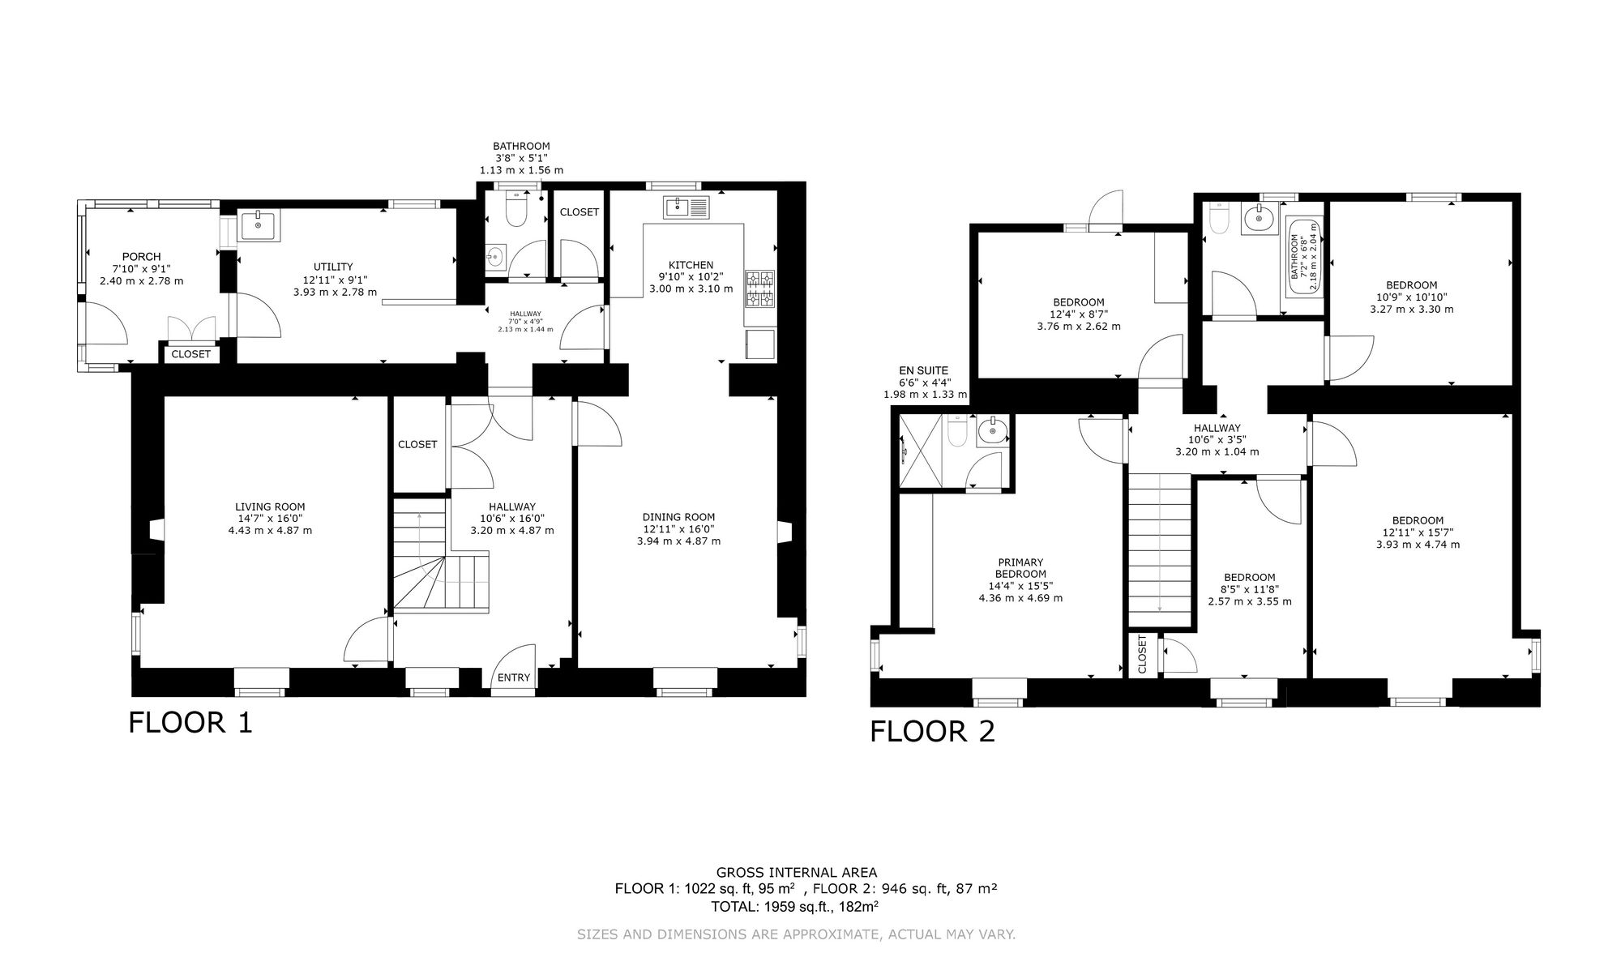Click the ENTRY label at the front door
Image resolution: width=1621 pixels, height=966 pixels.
514,677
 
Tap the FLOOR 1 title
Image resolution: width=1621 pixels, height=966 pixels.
190,722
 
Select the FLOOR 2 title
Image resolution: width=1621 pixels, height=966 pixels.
932,731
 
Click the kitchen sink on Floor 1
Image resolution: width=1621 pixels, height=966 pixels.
686,207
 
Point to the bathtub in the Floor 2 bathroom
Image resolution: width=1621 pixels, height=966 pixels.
1304,256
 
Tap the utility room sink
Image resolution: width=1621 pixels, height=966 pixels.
259,225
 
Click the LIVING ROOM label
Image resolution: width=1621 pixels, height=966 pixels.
270,507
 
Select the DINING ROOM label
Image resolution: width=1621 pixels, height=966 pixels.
678,517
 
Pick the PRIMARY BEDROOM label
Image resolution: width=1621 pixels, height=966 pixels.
1020,568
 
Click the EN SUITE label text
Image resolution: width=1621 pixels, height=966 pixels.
924,371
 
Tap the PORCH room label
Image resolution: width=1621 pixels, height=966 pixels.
141,257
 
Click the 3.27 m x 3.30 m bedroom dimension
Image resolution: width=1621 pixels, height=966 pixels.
1411,309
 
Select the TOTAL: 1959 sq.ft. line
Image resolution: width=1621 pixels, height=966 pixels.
795,906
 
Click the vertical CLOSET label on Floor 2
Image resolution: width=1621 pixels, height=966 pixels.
1142,654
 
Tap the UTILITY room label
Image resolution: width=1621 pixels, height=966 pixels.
333,267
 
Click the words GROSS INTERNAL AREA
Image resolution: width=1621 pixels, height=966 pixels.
797,873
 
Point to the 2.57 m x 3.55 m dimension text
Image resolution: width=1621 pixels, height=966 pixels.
1250,602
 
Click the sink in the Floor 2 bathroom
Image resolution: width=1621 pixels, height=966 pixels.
1259,218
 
